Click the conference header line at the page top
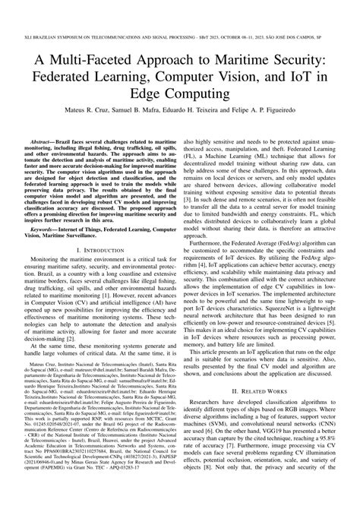pyautogui.click(x=180, y=13)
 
